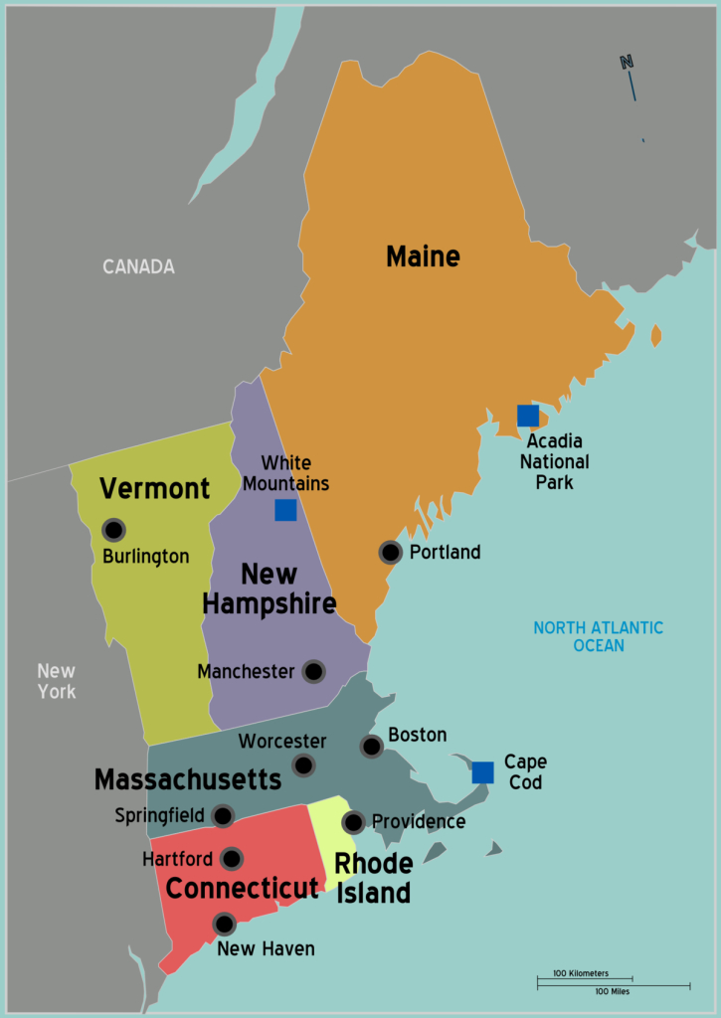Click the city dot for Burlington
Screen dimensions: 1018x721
[x=113, y=530]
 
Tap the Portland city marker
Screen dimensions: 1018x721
[x=391, y=553]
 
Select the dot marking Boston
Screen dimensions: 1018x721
[x=371, y=747]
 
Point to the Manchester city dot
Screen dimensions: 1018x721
[x=313, y=672]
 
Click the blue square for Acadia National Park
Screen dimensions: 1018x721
[x=528, y=416]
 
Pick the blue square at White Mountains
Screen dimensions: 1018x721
[x=285, y=510]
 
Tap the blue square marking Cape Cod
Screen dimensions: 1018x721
[x=482, y=772]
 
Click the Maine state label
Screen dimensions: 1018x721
[x=423, y=256]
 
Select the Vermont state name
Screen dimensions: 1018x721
[x=155, y=488]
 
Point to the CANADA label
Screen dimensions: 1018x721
[x=138, y=266]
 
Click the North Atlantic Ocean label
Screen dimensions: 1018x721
[x=598, y=636]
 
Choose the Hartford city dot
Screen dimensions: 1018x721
[x=232, y=859]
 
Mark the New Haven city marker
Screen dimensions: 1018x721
[x=225, y=924]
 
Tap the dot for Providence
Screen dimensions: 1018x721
[x=353, y=822]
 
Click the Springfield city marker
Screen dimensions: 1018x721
[x=223, y=816]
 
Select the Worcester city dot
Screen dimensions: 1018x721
[x=303, y=764]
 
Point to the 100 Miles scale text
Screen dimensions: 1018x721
[x=612, y=991]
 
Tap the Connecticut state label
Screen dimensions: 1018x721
[x=243, y=888]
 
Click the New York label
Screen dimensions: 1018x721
[x=57, y=681]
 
